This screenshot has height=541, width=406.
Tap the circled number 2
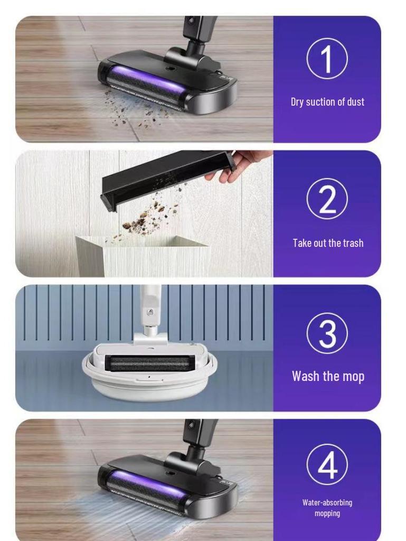(327, 199)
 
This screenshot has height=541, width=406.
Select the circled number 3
(327, 333)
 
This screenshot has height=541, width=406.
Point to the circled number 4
(327, 464)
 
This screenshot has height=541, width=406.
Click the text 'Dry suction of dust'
(327, 102)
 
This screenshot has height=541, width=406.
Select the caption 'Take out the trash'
(328, 243)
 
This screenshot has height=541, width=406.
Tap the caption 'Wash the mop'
(328, 376)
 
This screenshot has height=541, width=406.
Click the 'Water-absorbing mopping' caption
(327, 508)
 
